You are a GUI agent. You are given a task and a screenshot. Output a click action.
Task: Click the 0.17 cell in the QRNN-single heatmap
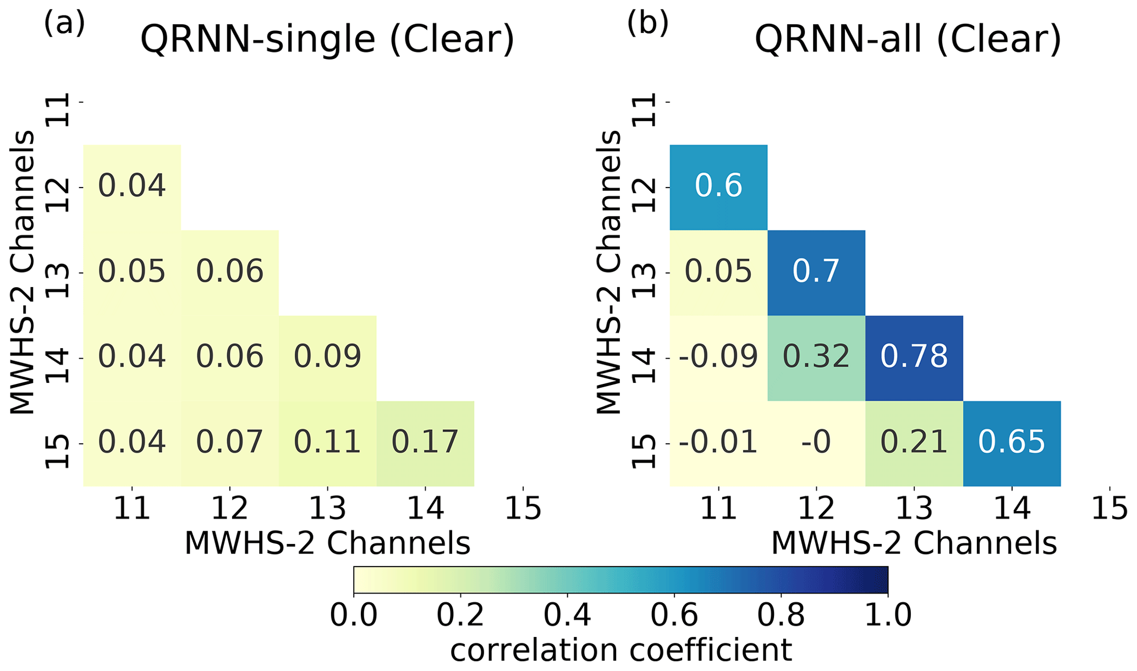pos(425,443)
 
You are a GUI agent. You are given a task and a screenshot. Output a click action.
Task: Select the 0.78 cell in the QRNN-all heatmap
pos(914,358)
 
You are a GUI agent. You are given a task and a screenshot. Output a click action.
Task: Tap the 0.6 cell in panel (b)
pos(718,187)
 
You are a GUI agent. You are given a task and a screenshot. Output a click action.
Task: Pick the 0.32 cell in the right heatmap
pos(816,358)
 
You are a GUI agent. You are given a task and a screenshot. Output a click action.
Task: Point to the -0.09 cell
pos(718,358)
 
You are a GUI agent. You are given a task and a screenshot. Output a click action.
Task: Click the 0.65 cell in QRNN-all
pos(1012,443)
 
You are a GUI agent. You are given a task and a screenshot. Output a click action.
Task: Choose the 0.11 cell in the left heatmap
pos(327,443)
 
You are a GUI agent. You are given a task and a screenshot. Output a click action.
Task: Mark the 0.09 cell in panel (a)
pos(327,358)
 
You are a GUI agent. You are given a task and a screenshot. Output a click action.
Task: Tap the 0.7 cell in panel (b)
pos(816,272)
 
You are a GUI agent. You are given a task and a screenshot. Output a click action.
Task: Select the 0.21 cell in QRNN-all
pos(914,443)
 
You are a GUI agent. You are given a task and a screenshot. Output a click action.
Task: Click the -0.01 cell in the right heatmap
pos(718,443)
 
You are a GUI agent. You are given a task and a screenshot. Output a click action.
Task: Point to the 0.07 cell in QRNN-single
pos(229,443)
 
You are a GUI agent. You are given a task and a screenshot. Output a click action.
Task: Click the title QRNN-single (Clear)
pos(327,40)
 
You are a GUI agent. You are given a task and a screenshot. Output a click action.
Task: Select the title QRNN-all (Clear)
pos(908,40)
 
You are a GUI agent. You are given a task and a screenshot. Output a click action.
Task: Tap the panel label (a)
pos(64,24)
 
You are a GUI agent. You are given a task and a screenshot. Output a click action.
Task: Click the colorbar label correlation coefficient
pos(621,650)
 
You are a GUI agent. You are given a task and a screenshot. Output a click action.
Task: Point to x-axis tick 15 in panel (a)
pos(523,509)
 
